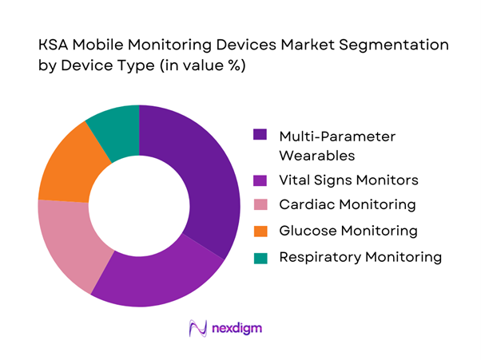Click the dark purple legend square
point(260,135)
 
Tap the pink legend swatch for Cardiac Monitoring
point(260,205)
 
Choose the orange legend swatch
point(260,231)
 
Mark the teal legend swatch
point(260,257)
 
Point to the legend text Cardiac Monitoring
point(347,205)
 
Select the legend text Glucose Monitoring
point(348,231)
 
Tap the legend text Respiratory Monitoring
point(360,257)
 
